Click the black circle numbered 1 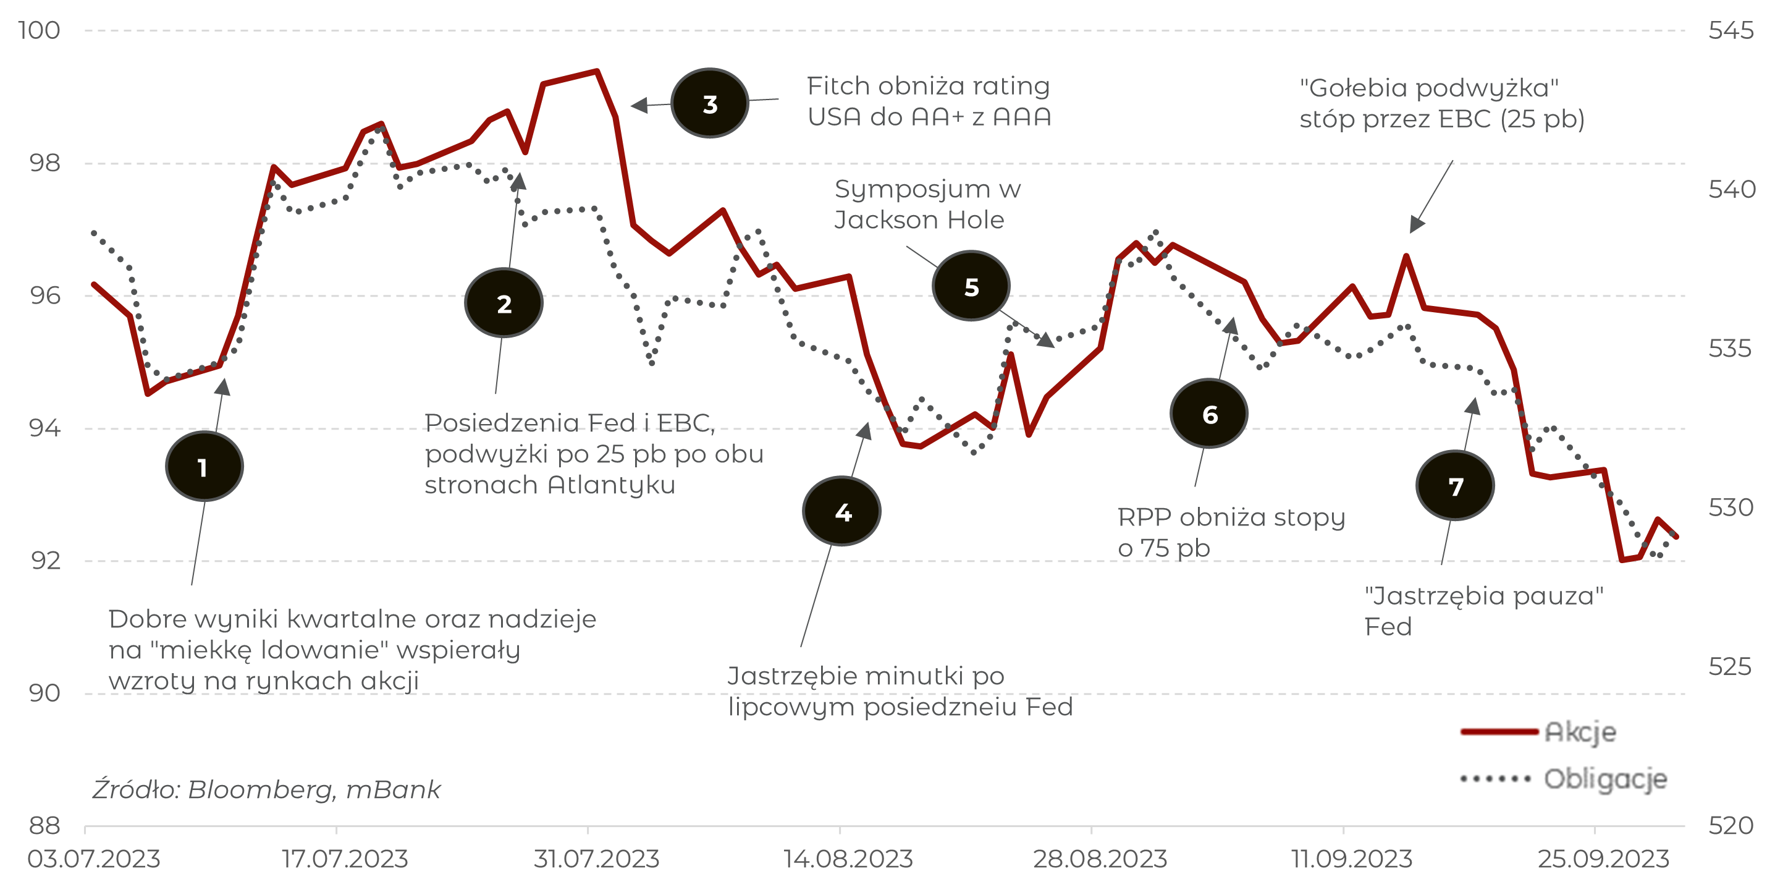204,467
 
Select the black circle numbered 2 504,304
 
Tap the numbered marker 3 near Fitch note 710,103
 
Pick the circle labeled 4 842,511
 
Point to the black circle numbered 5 971,286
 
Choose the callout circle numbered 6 1209,414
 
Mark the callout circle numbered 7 1456,486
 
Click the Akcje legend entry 1579,731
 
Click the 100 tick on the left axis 40,30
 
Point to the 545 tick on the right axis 1731,30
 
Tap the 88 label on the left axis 44,825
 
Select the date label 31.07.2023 596,859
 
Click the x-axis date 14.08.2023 848,859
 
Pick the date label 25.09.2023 1603,859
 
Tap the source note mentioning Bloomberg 266,789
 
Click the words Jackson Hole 919,220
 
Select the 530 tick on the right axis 1731,508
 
